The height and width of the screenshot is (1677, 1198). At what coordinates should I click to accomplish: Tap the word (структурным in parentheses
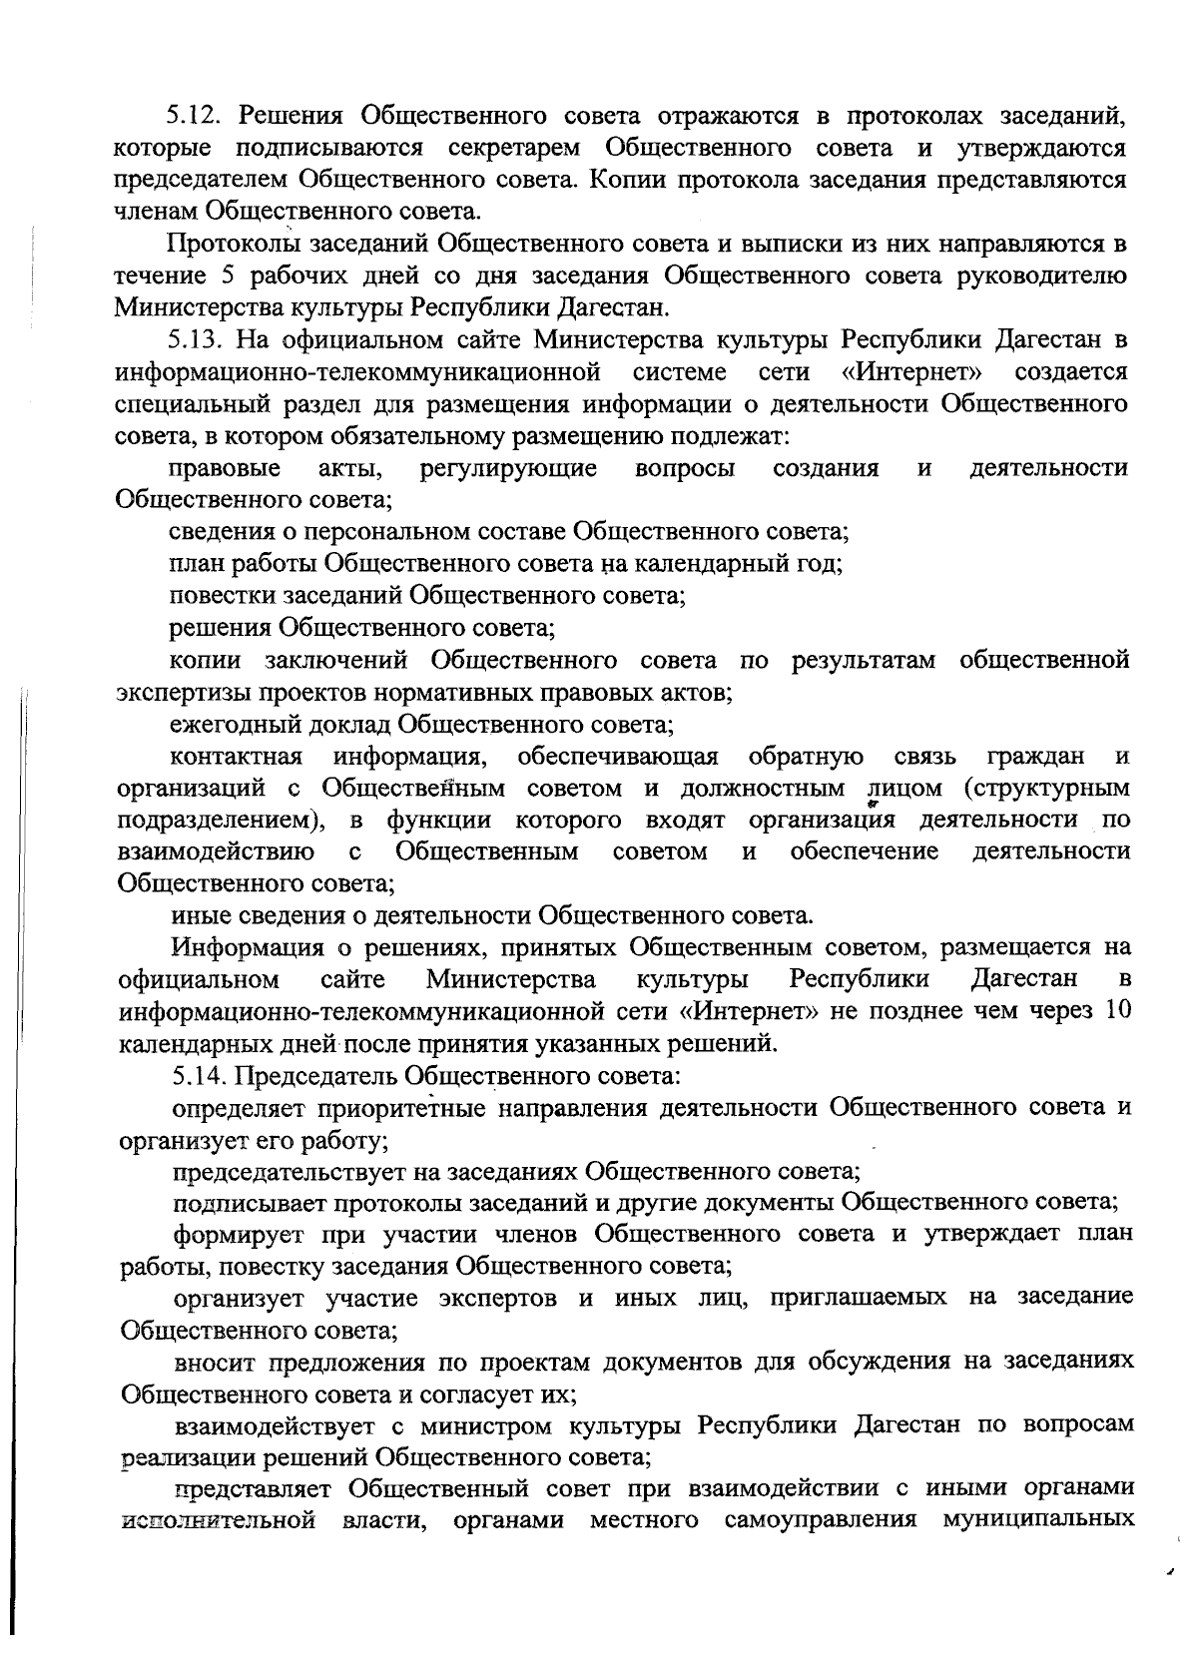(x=1047, y=789)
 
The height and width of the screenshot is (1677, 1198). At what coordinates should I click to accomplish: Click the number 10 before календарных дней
(x=1117, y=1010)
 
